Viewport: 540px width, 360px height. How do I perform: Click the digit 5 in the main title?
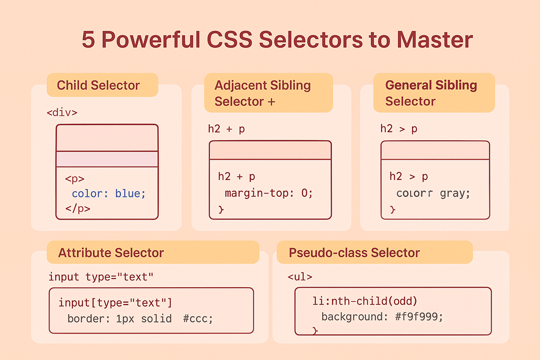[88, 40]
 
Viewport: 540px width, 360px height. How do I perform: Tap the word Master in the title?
[435, 40]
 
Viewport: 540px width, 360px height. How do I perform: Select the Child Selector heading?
[98, 85]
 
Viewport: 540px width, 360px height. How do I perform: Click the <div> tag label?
[62, 112]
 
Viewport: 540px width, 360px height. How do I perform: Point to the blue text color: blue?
[109, 193]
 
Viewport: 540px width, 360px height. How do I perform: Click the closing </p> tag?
[77, 208]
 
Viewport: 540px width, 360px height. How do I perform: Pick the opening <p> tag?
[75, 179]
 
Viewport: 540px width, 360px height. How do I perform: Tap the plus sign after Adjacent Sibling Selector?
[271, 102]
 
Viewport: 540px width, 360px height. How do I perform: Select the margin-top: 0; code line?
[269, 193]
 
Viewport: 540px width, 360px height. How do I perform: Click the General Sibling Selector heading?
[431, 93]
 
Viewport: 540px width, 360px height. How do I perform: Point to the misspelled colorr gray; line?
[433, 193]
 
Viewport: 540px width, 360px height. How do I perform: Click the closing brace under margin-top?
[221, 209]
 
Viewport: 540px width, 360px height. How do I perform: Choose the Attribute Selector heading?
[111, 253]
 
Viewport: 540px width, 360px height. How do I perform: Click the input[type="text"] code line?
[115, 303]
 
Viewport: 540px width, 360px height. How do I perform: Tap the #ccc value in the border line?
[198, 319]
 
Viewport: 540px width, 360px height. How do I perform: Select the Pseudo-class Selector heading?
[354, 253]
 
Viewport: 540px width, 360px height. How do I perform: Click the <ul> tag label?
[300, 277]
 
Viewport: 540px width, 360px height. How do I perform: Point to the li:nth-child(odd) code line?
[364, 301]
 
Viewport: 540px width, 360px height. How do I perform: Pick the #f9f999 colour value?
[419, 317]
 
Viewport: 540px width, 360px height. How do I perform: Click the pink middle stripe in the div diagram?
[107, 159]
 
